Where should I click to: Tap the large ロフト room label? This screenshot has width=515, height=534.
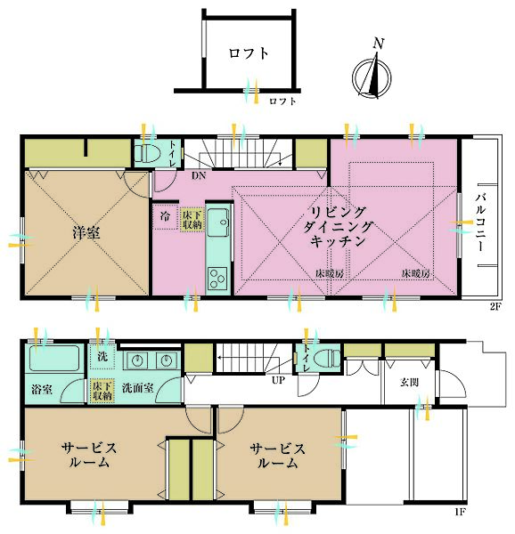pos(249,53)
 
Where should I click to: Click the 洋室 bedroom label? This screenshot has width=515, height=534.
pos(86,232)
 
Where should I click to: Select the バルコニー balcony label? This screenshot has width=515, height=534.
pos(481,222)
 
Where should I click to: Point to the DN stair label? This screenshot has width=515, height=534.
pos(199,175)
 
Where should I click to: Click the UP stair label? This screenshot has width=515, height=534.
pos(279,380)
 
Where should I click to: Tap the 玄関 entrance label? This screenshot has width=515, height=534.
pos(409,382)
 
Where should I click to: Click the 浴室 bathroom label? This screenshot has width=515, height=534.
pos(42,389)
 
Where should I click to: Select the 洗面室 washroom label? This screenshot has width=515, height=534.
pos(138,388)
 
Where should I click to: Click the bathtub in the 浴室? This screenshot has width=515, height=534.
pos(54,358)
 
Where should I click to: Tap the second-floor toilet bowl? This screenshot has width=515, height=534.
pos(148,153)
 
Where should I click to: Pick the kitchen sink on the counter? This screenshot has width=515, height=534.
pos(218,222)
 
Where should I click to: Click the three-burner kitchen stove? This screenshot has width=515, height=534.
pos(217,278)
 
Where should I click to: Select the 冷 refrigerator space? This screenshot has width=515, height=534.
pos(166,216)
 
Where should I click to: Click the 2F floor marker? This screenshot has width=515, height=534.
pos(495,306)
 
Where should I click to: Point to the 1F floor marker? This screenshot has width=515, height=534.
pos(460,511)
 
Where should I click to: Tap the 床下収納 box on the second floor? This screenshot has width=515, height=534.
pos(192,220)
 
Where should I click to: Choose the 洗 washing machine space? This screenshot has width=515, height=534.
pos(102,357)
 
